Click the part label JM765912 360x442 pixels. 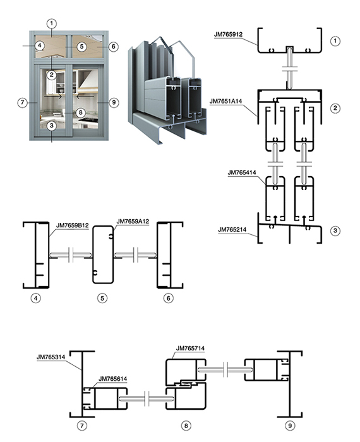pyautogui.click(x=228, y=34)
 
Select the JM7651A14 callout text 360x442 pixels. pyautogui.click(x=226, y=101)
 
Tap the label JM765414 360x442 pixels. pyautogui.click(x=242, y=172)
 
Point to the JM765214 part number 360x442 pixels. pyautogui.click(x=232, y=230)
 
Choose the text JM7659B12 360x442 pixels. pyautogui.click(x=73, y=225)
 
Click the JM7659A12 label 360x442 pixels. pyautogui.click(x=133, y=222)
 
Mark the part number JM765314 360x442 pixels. pyautogui.click(x=51, y=357)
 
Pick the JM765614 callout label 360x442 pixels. pyautogui.click(x=113, y=379)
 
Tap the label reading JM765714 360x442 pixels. pyautogui.click(x=190, y=349)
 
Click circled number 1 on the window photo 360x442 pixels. pyautogui.click(x=52, y=23)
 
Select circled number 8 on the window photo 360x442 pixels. pyautogui.click(x=81, y=112)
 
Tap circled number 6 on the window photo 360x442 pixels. pyautogui.click(x=113, y=47)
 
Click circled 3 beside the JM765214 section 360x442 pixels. pyautogui.click(x=335, y=230)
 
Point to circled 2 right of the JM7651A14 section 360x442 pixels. pyautogui.click(x=335, y=108)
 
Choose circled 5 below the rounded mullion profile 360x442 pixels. pyautogui.click(x=102, y=298)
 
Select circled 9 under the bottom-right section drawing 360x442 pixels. pyautogui.click(x=290, y=426)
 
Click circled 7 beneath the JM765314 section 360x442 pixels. pyautogui.click(x=81, y=426)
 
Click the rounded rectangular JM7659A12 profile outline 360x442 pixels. pyautogui.click(x=93, y=254)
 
